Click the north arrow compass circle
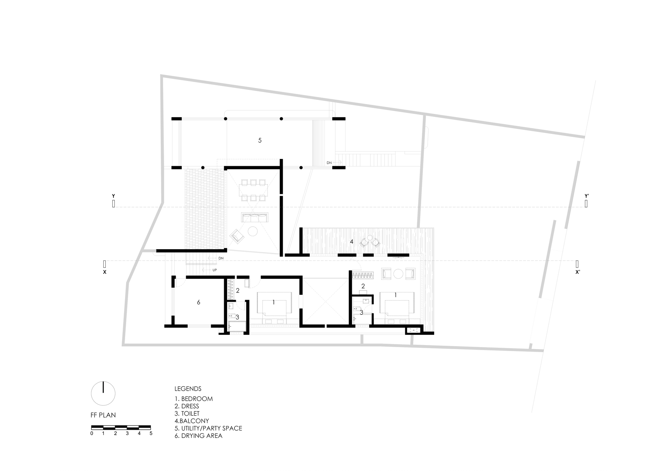click(x=103, y=393)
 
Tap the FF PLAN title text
click(x=103, y=415)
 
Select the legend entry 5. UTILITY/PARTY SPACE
click(x=208, y=428)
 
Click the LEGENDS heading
click(x=188, y=389)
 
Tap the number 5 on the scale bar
click(x=151, y=434)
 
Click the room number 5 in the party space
click(x=260, y=141)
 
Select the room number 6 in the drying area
click(x=198, y=302)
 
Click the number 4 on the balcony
click(x=352, y=241)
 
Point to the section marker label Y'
click(x=587, y=196)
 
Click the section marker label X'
click(x=578, y=272)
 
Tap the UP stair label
click(x=214, y=270)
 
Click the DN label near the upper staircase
click(x=329, y=163)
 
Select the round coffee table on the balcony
click(x=370, y=238)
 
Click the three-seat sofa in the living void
click(x=254, y=218)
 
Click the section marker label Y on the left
click(x=113, y=196)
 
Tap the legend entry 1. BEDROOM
click(x=193, y=399)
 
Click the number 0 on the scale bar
click(x=92, y=434)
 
